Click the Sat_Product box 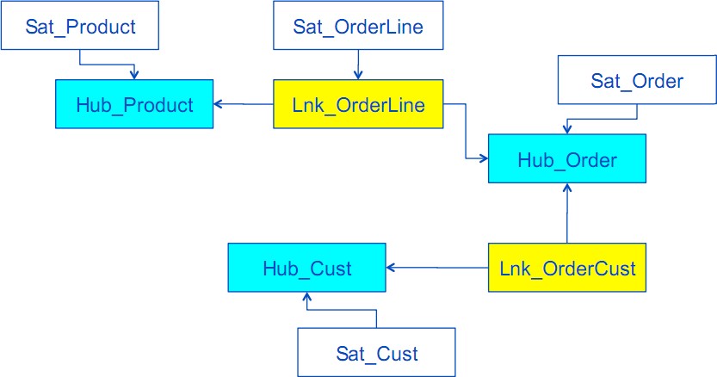point(82,27)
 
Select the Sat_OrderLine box point(358,27)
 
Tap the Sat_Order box point(637,81)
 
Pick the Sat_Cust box point(376,353)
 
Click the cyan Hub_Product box point(135,105)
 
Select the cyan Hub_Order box point(566,159)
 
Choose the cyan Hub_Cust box point(306,269)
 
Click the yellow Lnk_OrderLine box point(358,105)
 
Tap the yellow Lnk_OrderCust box point(567,269)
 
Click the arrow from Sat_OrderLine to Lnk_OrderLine point(358,64)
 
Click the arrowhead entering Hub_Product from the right point(219,104)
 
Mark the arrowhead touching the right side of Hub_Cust point(392,269)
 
